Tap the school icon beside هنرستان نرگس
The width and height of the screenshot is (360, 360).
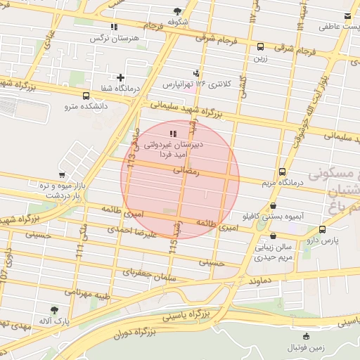coord(114,27)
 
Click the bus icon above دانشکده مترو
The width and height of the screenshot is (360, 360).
coord(86,96)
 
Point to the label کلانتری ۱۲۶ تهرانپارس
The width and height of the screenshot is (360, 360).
coord(197,84)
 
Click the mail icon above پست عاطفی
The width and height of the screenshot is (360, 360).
coord(348,16)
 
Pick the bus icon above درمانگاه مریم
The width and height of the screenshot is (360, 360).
coord(282,172)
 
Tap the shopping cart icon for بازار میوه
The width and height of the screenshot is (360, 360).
coord(63,174)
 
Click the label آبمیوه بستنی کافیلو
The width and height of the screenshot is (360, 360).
coord(274,217)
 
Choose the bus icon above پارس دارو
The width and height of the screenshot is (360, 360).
coord(322,229)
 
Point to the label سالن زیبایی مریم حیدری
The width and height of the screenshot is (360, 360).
coord(273,252)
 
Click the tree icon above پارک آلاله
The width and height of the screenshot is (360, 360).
coord(55,309)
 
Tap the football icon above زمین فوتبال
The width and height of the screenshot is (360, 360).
coord(304,335)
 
